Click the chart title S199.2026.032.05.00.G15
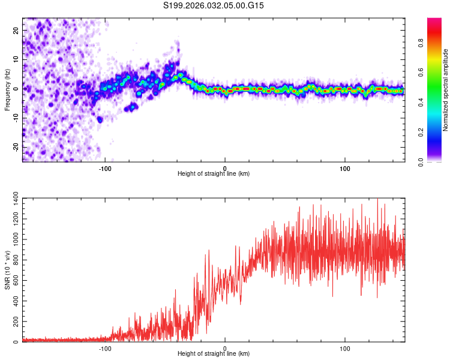pyautogui.click(x=214, y=6)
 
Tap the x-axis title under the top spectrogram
pyautogui.click(x=214, y=173)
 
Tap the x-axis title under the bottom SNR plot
pyautogui.click(x=214, y=353)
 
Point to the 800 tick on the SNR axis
pyautogui.click(x=13, y=261)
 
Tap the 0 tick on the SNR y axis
pyautogui.click(x=17, y=342)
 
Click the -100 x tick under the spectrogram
pyautogui.click(x=106, y=169)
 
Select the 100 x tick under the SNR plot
pyautogui.click(x=345, y=349)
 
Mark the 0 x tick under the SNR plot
pyautogui.click(x=225, y=349)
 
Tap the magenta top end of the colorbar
pyautogui.click(x=434, y=21)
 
